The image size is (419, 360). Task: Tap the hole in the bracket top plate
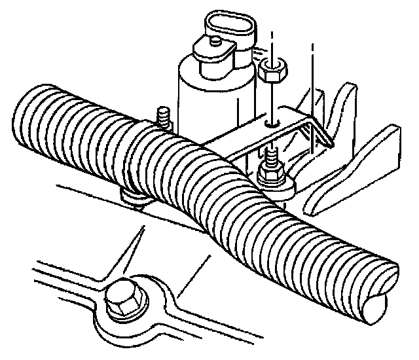click(x=272, y=122)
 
